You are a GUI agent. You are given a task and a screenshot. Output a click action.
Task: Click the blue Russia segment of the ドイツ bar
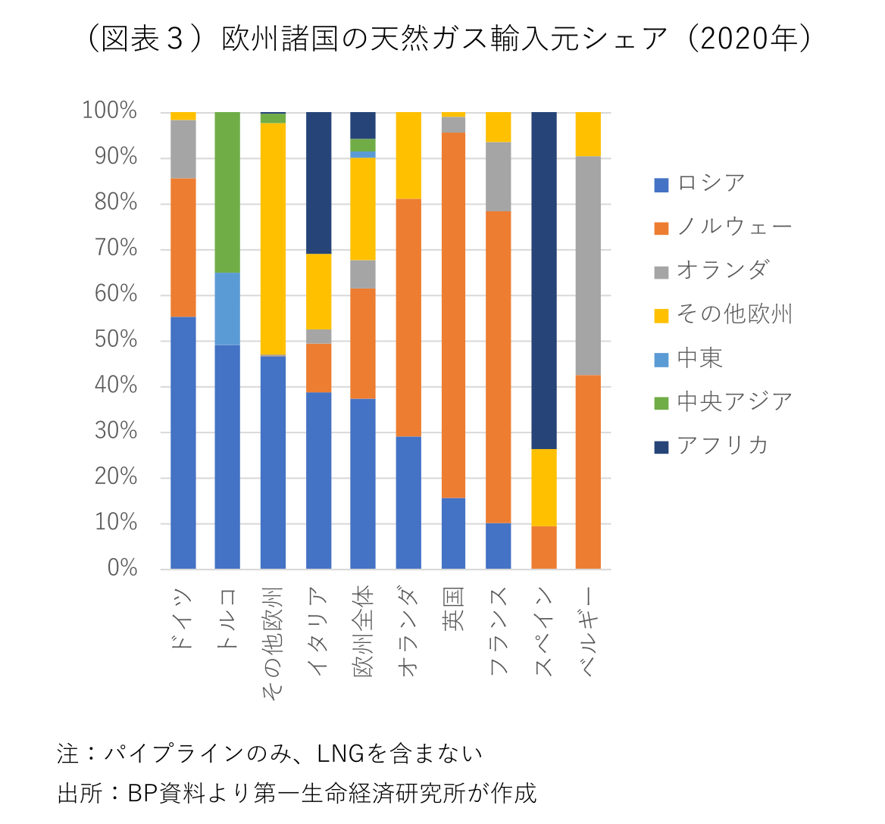point(183,442)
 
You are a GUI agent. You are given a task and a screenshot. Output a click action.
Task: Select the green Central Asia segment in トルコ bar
point(227,192)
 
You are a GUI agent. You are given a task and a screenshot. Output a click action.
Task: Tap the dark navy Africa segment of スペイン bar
point(543,280)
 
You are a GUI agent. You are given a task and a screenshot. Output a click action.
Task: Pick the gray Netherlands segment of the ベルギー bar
point(588,265)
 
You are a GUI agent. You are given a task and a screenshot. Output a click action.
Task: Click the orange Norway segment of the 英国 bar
point(453,315)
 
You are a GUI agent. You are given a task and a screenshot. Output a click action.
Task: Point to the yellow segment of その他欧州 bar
point(273,239)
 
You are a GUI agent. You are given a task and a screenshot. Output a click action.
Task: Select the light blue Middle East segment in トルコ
point(227,308)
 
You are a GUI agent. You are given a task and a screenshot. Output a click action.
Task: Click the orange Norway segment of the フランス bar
point(498,367)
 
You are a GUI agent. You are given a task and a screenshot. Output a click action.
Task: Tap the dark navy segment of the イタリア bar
point(318,183)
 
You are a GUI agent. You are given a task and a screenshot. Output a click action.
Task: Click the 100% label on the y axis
point(110,111)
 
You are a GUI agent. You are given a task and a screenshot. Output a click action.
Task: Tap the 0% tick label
point(122,569)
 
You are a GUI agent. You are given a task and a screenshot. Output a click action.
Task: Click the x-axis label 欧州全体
point(364,630)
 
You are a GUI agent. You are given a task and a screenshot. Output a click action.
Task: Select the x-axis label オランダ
point(408,630)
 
